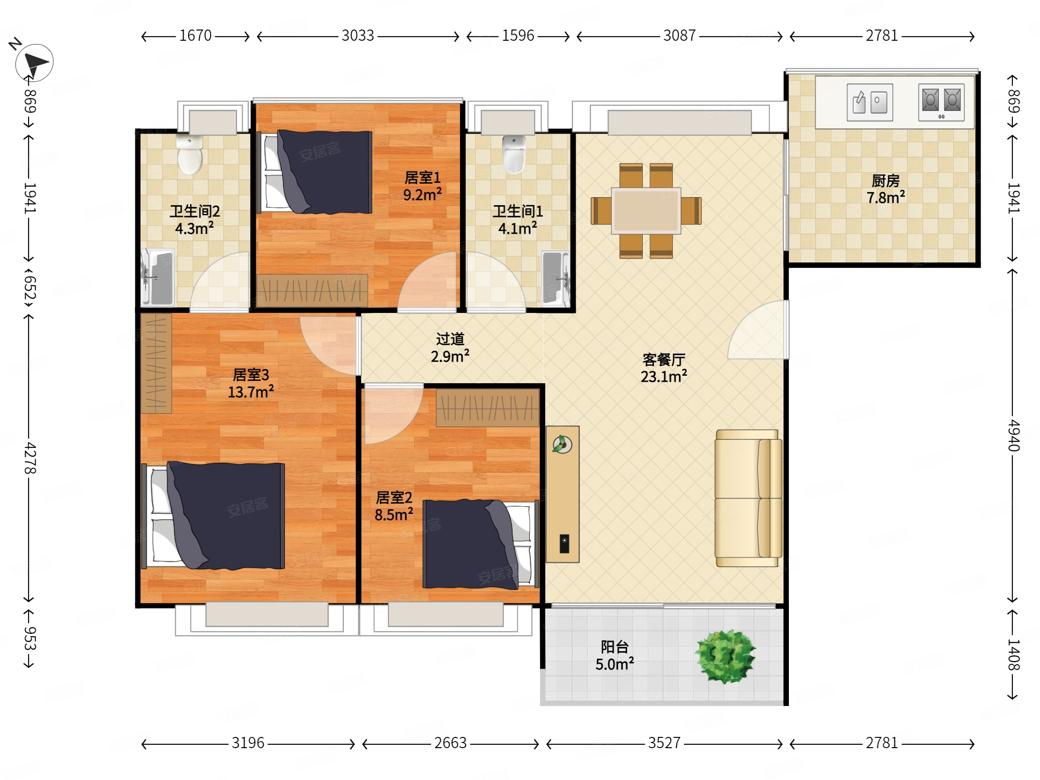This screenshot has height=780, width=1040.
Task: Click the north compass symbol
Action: [x=34, y=62]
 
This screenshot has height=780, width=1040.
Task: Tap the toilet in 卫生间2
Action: [x=190, y=155]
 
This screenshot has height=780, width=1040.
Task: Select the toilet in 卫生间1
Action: [x=514, y=155]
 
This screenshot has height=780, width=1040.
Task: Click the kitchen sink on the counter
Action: [x=869, y=102]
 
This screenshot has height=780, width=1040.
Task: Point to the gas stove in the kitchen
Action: [x=941, y=102]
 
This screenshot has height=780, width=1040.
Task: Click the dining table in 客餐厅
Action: [x=646, y=211]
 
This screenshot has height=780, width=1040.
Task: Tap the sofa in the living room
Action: [x=748, y=498]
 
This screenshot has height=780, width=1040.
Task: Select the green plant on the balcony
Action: [x=726, y=657]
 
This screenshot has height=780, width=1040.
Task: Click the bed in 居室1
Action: [x=317, y=172]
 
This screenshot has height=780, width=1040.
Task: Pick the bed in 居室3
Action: [x=213, y=516]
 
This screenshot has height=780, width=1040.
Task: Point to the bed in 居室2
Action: [x=481, y=544]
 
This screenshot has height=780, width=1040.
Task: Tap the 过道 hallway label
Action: [x=450, y=339]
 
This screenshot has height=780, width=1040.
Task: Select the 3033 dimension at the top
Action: [x=358, y=36]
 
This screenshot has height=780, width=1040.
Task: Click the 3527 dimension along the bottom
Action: [x=664, y=743]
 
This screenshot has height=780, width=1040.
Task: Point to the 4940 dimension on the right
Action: [x=1014, y=435]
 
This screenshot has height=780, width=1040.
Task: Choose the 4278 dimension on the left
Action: [x=30, y=458]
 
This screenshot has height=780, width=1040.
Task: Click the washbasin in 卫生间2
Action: [x=157, y=277]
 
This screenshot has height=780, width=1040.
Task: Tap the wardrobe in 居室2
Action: [x=488, y=407]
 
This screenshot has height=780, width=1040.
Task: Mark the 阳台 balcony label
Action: [x=615, y=647]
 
